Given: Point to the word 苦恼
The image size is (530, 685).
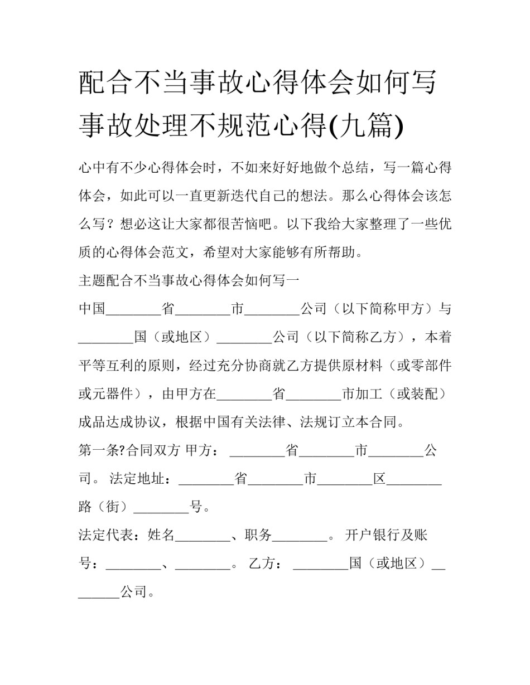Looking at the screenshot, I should point(245,224).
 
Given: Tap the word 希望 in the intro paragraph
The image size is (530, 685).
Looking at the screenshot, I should point(217,252).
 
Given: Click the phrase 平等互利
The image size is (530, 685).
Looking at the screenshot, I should point(106,366).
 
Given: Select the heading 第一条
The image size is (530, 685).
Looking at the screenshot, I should point(99,450).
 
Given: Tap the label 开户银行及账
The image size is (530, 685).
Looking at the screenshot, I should point(386,536).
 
